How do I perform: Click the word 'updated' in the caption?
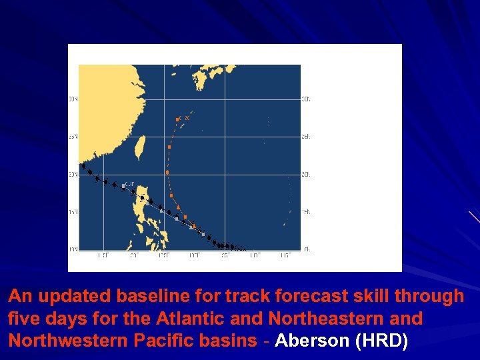75,296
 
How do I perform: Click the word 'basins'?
230,341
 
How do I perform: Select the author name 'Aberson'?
312,341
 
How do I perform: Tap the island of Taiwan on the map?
140,148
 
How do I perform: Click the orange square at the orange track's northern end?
177,119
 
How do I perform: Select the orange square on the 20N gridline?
167,173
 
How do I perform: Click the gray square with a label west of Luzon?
123,185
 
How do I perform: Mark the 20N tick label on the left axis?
73,174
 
